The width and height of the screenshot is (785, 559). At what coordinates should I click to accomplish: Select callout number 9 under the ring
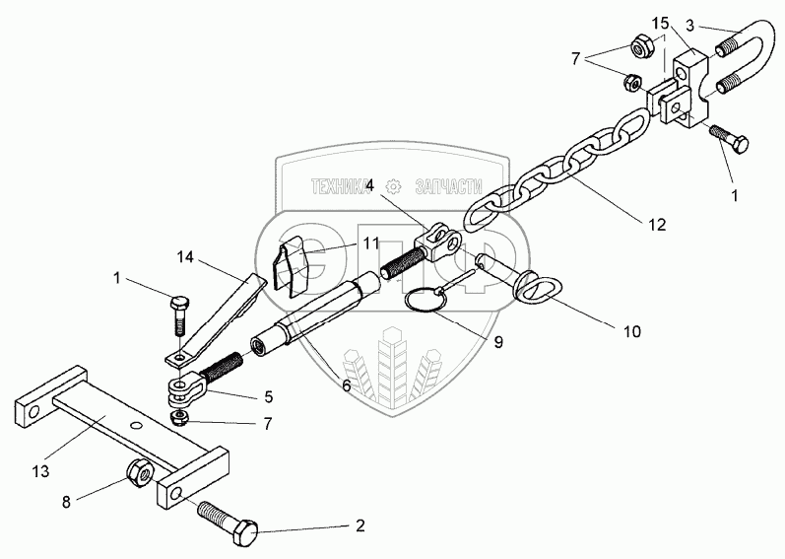(x=497, y=342)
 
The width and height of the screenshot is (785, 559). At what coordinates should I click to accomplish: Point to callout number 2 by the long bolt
(x=360, y=526)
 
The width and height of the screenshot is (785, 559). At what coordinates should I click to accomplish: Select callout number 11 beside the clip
(x=342, y=242)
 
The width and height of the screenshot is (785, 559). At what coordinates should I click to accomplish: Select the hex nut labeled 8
(x=140, y=474)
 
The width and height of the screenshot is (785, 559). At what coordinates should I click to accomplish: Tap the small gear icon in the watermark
(x=394, y=184)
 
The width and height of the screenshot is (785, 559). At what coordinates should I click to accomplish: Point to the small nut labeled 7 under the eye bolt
(x=180, y=418)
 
